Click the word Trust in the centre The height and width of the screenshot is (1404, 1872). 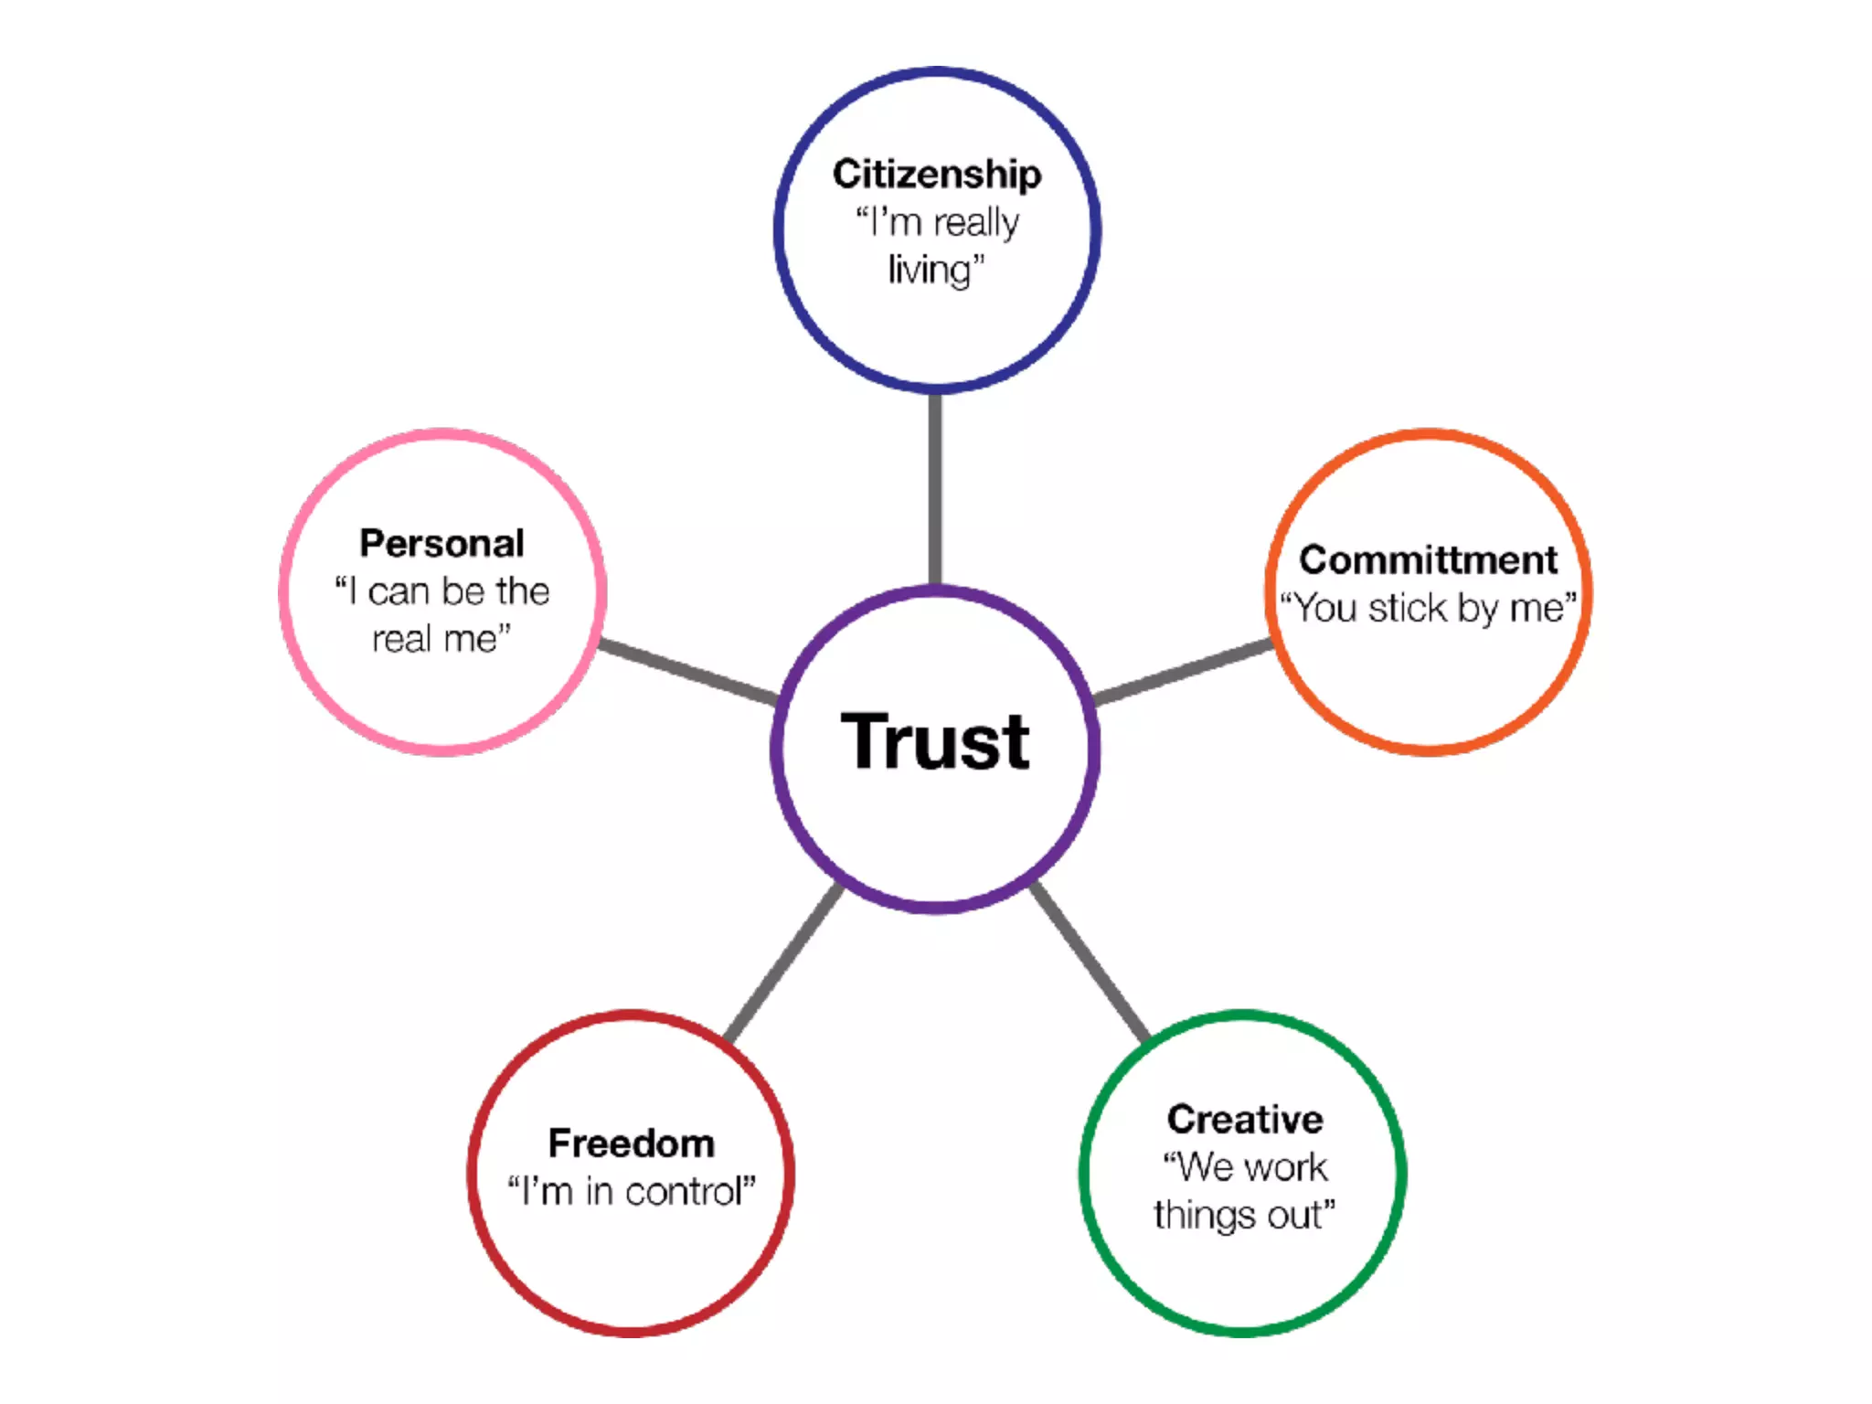tap(935, 741)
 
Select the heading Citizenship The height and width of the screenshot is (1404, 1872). tap(936, 174)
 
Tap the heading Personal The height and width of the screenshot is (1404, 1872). tap(441, 543)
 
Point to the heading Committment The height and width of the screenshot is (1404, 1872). tap(1428, 559)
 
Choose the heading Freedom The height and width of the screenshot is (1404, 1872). tap(631, 1143)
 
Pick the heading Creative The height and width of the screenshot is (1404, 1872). tap(1245, 1119)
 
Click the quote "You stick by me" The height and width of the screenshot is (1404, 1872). tap(1428, 608)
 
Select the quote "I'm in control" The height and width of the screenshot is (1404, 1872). tap(631, 1191)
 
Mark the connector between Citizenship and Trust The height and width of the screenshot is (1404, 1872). tap(935, 489)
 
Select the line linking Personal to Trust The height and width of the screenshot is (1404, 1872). tap(687, 672)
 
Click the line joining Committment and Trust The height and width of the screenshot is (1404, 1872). tap(1184, 672)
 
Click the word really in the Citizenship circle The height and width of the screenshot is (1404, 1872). tap(975, 223)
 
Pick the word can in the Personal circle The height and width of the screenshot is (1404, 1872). tap(399, 591)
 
